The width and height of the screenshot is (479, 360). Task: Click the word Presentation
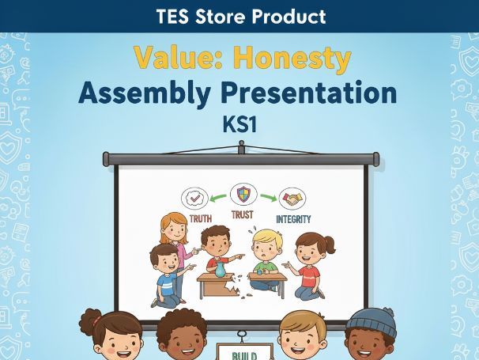pos(324,93)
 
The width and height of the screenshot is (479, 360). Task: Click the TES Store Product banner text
pos(239,16)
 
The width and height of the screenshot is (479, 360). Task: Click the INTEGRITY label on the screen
pos(293,218)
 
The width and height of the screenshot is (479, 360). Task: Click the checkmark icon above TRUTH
pos(194,198)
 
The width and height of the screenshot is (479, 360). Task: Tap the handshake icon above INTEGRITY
pos(293,199)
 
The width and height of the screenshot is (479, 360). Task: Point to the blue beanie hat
pos(371,322)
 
